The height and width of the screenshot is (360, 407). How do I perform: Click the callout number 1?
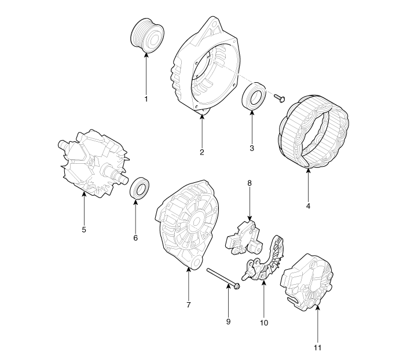pos(146,99)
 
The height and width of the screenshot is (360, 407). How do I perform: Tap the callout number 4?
pos(308,206)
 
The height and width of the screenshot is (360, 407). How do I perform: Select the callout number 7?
pos(188,304)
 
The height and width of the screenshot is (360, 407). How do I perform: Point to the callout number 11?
pos(317,347)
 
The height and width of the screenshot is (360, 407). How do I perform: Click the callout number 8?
pos(250,183)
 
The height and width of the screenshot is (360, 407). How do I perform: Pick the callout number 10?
pos(264,323)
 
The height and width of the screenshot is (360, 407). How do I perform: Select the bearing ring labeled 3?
pos(254,95)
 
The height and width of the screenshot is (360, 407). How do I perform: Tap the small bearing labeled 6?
pos(140,188)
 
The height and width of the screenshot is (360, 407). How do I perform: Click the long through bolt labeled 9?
pos(223,279)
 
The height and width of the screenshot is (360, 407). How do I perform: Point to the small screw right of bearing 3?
pos(279,98)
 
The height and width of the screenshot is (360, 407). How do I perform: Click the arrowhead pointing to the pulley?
pos(146,54)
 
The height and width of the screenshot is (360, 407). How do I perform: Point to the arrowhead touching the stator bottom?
pos(308,170)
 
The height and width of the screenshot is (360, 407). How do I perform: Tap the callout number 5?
pos(84,230)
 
